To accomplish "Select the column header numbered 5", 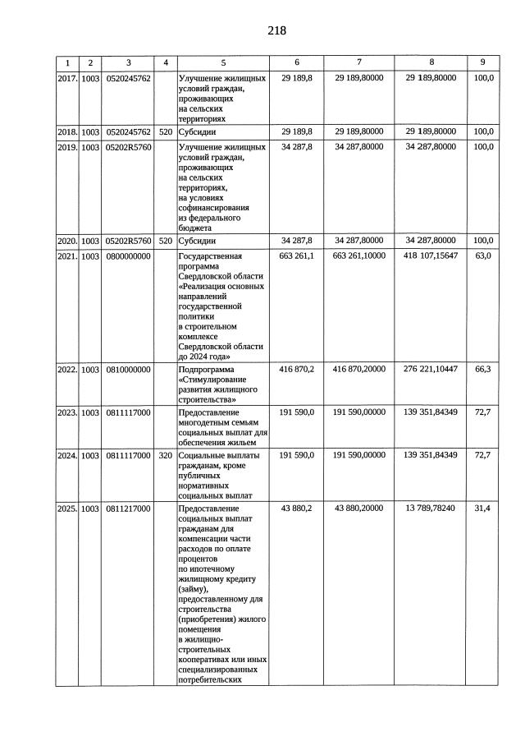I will click(x=222, y=62).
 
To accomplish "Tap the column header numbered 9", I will click(x=482, y=62).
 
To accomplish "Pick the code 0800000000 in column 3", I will click(x=128, y=256).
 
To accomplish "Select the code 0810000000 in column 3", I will click(x=128, y=370).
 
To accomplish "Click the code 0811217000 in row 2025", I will click(x=128, y=509).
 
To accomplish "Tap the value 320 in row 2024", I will click(x=166, y=454).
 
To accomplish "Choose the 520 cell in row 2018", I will click(x=166, y=131).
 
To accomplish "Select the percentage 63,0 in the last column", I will click(x=483, y=256).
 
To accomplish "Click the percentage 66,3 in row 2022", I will click(x=483, y=370).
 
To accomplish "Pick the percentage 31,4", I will click(x=483, y=509).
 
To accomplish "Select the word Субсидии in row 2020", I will click(x=198, y=241).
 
